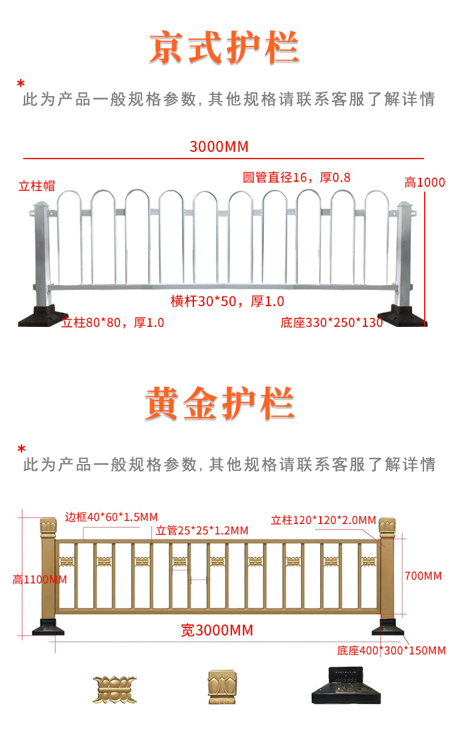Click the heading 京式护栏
[x=224, y=48]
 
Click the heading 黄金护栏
[x=220, y=404]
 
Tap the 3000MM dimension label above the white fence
[x=219, y=147]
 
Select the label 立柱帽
[x=41, y=186]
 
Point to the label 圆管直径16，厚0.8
[x=297, y=178]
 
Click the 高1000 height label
[x=425, y=182]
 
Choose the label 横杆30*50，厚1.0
[x=227, y=301]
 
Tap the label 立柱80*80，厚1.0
[x=113, y=322]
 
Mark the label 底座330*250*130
[x=332, y=322]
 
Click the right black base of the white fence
[x=407, y=316]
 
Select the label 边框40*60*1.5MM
[x=111, y=517]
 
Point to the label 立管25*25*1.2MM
[x=202, y=530]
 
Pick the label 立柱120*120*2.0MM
[x=323, y=520]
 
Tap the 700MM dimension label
[x=423, y=575]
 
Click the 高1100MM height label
[x=40, y=580]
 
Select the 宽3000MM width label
[x=217, y=630]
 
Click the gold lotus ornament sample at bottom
[x=114, y=689]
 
